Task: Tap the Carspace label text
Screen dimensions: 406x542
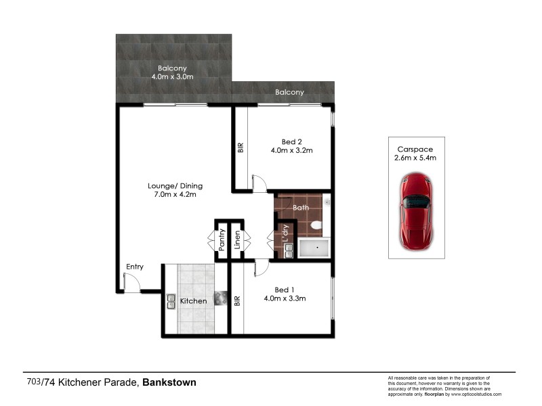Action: click(415, 149)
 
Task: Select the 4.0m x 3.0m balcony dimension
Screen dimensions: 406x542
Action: click(172, 77)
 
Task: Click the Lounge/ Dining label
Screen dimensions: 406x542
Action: click(175, 186)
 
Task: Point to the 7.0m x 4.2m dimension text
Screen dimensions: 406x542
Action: click(175, 195)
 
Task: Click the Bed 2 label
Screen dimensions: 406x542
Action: click(291, 141)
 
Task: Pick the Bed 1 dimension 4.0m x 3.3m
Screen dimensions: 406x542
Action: click(285, 298)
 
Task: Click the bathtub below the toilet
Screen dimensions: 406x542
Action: click(314, 249)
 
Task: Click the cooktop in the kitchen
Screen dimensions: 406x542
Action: click(221, 299)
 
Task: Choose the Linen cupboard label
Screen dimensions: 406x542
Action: click(238, 240)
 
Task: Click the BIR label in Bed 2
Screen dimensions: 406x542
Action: click(241, 148)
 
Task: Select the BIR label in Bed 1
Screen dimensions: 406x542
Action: click(237, 300)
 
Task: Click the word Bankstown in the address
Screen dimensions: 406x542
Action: click(169, 382)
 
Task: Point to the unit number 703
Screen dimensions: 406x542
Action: click(33, 382)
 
